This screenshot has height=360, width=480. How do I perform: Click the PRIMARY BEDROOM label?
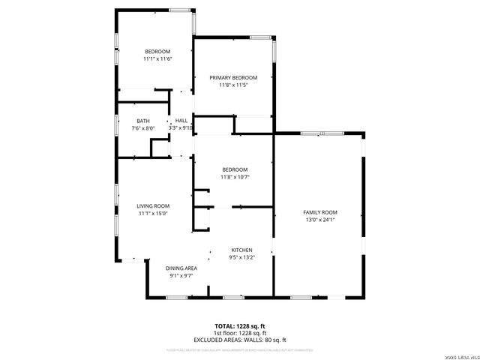pos(233,77)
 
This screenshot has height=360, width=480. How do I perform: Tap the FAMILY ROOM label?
pos(319,212)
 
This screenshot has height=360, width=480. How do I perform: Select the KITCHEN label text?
pos(241,250)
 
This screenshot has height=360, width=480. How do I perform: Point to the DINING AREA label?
pos(181,268)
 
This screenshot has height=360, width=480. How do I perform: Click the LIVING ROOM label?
pos(152,206)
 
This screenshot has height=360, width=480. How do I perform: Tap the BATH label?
pos(142,121)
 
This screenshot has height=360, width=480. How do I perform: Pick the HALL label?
pos(181,121)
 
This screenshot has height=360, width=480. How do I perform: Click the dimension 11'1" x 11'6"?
pos(158,58)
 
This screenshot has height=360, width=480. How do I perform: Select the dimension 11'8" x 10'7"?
pos(234,177)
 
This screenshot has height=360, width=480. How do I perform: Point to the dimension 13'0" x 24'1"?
pos(319,220)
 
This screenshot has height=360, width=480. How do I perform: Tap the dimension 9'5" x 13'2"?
pos(241,257)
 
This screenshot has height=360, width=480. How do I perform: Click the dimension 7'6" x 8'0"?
pos(142,128)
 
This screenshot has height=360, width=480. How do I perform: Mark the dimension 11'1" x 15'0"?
pos(152,214)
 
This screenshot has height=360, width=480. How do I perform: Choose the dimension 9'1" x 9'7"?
pos(181,275)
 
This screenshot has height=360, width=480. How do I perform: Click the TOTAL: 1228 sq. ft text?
pos(241,326)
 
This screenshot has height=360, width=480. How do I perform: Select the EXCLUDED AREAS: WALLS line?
pos(241,340)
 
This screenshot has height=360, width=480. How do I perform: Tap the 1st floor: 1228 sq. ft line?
pos(241,333)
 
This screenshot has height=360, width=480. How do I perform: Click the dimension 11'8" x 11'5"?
pos(233,85)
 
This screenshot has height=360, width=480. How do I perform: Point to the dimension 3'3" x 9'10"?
pos(181,128)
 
